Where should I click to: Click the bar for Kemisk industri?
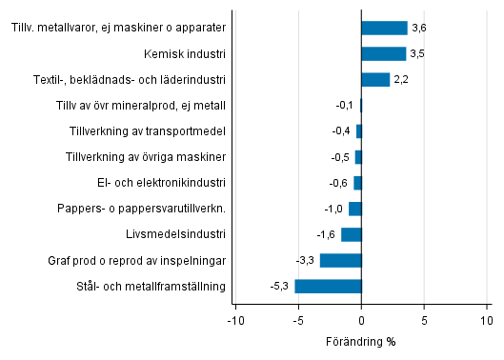383,54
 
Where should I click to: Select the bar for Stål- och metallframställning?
328,286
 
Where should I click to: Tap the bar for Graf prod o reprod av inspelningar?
340,260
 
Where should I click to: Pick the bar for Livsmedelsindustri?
351,234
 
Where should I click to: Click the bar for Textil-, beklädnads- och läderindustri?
375,80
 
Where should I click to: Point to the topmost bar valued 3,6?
384,29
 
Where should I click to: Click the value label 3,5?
417,54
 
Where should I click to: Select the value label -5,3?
280,286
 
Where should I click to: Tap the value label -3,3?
305,260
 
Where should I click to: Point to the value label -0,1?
345,106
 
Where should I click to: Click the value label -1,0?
333,209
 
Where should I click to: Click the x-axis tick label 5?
424,322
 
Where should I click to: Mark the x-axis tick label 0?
361,322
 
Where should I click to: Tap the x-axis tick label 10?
487,322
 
